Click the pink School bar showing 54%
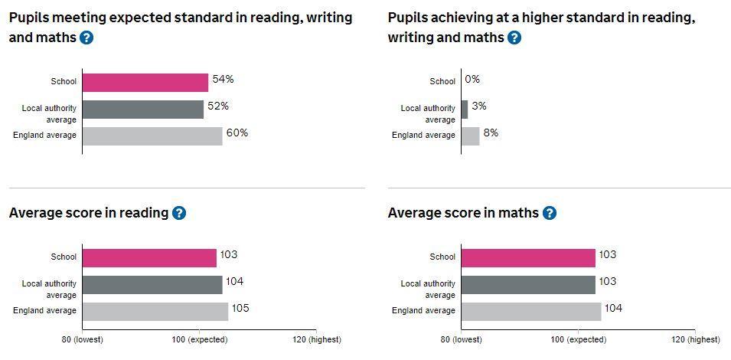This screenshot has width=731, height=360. pyautogui.click(x=145, y=82)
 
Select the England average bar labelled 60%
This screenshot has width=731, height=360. pyautogui.click(x=152, y=136)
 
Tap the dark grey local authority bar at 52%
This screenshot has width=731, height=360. pyautogui.click(x=142, y=109)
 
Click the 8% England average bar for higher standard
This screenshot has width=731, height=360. pyautogui.click(x=470, y=136)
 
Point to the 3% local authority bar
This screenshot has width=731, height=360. pyautogui.click(x=465, y=109)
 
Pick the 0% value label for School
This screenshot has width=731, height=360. pyautogui.click(x=472, y=80)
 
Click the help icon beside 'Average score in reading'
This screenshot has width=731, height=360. pyautogui.click(x=179, y=213)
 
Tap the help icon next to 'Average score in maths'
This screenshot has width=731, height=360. pyautogui.click(x=550, y=213)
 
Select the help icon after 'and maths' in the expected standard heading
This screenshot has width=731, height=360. pyautogui.click(x=86, y=37)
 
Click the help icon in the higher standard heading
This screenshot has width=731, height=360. pyautogui.click(x=514, y=37)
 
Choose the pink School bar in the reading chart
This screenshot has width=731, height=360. pyautogui.click(x=149, y=258)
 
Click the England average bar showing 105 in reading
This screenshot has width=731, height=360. pyautogui.click(x=155, y=311)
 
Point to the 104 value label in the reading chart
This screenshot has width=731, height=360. pyautogui.click(x=234, y=282)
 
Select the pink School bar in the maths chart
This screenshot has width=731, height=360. pyautogui.click(x=528, y=258)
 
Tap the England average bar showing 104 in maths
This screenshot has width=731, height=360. pyautogui.click(x=531, y=311)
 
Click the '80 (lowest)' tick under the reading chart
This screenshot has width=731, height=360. pyautogui.click(x=82, y=339)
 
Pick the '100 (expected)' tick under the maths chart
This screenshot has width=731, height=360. pyautogui.click(x=578, y=339)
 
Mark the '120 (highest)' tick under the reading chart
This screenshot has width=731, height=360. pyautogui.click(x=316, y=339)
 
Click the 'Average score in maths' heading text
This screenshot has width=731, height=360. pyautogui.click(x=462, y=213)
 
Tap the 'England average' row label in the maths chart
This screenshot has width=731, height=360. pyautogui.click(x=423, y=311)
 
